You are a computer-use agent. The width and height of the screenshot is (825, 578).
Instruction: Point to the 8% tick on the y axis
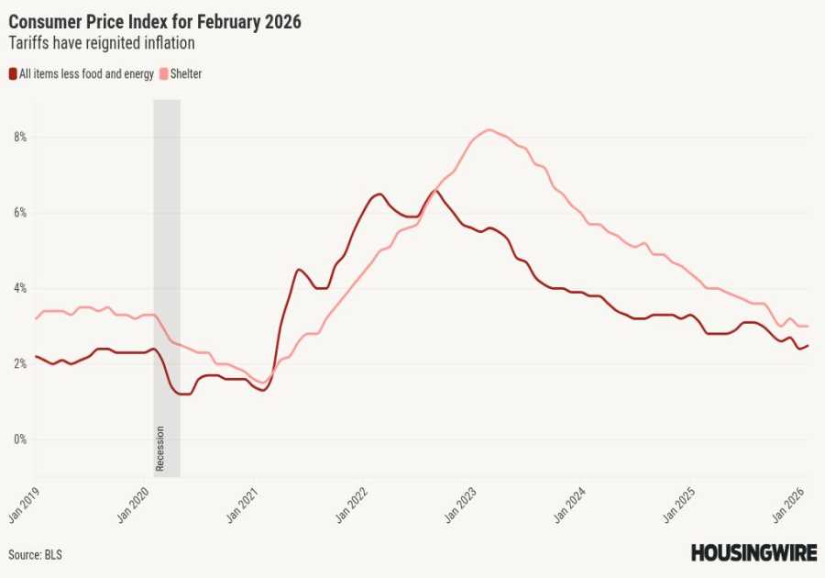click(x=19, y=138)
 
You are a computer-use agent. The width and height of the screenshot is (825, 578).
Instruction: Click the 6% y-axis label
click(x=19, y=213)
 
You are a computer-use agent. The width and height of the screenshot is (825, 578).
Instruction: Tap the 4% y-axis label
click(x=19, y=288)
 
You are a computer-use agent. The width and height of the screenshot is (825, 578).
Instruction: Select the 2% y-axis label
click(x=19, y=364)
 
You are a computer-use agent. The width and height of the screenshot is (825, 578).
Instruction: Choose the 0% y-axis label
click(x=19, y=439)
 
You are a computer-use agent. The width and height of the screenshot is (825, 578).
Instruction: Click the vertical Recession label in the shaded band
click(x=160, y=449)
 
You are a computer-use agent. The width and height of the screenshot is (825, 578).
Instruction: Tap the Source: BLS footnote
click(x=36, y=555)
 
